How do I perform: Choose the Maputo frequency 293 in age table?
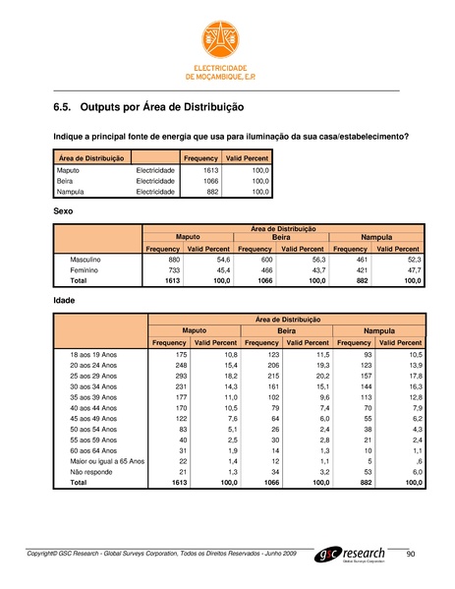point(175,375)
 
